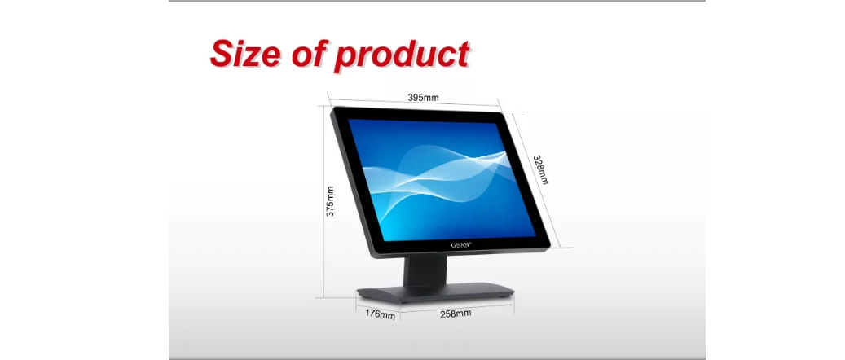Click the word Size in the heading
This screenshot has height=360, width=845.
[x=245, y=53]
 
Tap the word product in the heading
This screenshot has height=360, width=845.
[x=402, y=55]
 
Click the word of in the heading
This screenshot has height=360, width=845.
[x=309, y=53]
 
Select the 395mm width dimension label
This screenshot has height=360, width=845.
[x=423, y=98]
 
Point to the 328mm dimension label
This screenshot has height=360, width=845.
[x=540, y=169]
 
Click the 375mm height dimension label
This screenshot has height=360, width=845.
[x=330, y=201]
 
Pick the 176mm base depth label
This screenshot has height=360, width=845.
[x=380, y=314]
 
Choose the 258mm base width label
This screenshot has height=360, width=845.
[x=456, y=313]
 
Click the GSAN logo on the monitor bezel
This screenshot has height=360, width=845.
[x=460, y=245]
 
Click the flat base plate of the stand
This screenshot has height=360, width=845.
[x=434, y=292]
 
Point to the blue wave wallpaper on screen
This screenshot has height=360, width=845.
[x=441, y=179]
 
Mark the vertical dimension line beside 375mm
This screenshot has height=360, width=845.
[x=323, y=201]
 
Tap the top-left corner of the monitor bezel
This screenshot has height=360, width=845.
[x=333, y=108]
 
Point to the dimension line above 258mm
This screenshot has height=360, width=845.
[x=457, y=307]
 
